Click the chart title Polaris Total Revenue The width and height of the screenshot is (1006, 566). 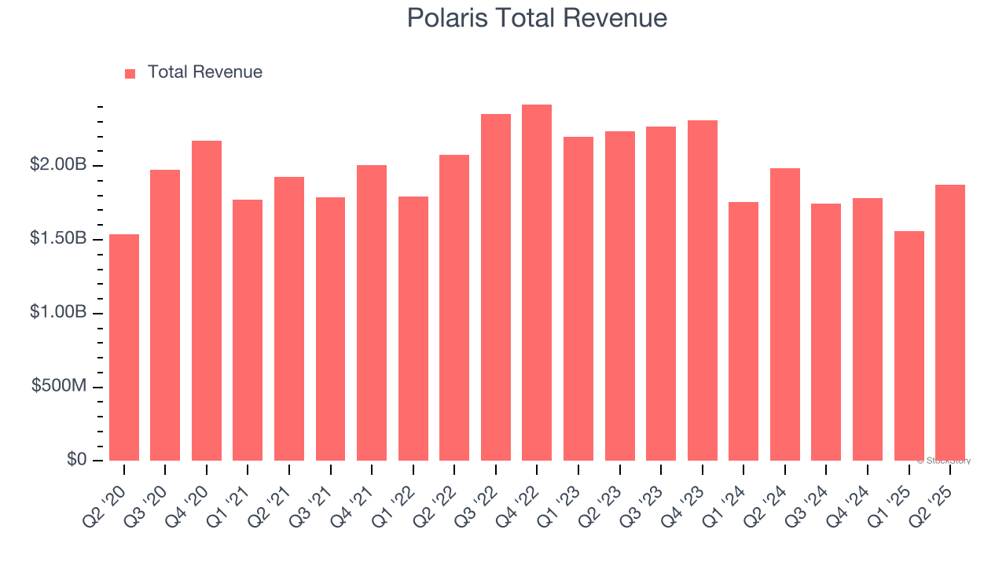pos(537,17)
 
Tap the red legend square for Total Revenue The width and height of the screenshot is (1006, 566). pos(130,73)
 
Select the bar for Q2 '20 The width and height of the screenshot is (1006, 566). pos(124,347)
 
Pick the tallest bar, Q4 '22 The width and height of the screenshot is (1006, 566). pos(537,283)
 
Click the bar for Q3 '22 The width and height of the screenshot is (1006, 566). pos(496,288)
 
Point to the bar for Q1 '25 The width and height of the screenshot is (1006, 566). pos(909,346)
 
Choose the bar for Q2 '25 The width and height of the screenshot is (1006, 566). pos(950,322)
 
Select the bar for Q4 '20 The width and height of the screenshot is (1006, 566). pos(207,300)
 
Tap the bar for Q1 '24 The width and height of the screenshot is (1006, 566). pos(743,331)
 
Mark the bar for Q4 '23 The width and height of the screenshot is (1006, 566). pos(702,291)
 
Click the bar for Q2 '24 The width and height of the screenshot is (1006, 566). pos(785,314)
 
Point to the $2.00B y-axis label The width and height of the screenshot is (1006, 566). pos(58,165)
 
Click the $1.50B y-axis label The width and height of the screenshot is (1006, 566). pos(58,239)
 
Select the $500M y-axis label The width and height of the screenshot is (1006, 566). pos(59,386)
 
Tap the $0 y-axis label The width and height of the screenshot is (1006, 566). pos(76,459)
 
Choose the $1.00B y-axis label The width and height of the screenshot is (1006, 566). pos(58,312)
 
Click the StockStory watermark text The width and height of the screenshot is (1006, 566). pos(944,461)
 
